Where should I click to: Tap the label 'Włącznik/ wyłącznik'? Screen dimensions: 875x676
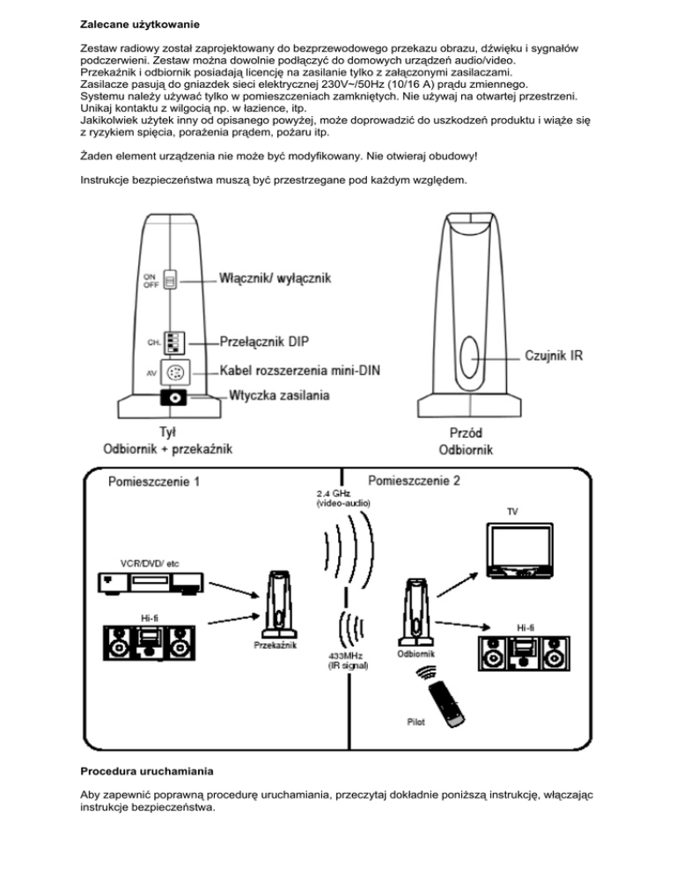click(x=275, y=279)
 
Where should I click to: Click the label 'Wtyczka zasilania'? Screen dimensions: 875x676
click(x=280, y=397)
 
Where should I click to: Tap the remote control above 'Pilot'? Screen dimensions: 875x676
click(x=446, y=701)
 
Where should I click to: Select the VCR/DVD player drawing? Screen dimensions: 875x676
click(x=150, y=582)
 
